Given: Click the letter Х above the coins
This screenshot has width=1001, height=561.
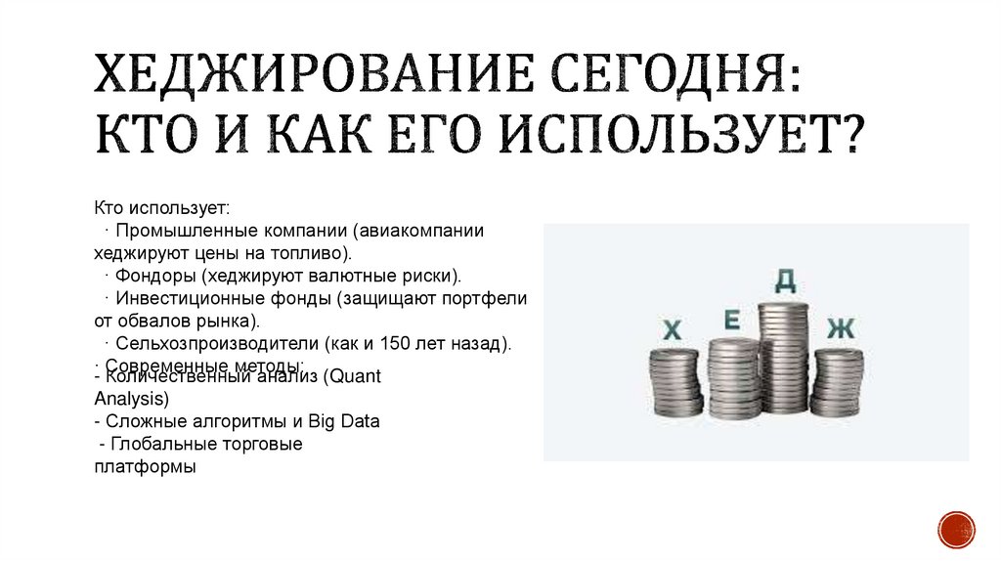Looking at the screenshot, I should point(672,331).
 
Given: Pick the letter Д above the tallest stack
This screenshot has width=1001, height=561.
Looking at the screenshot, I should point(785,281).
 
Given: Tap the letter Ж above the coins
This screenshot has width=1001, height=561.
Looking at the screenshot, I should point(840,328).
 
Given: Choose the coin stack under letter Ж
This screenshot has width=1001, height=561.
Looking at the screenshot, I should point(838,382).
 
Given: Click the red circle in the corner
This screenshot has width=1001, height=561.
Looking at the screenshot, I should point(956,529).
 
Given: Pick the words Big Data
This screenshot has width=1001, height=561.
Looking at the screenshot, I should point(344,421).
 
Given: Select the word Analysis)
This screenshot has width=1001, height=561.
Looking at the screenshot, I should point(132,399).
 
